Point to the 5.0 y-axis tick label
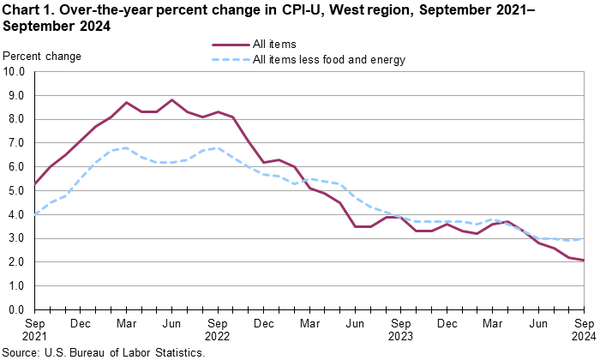(18, 190)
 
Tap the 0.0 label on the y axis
(18, 309)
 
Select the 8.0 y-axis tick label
(18, 119)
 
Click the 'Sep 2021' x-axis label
(34, 330)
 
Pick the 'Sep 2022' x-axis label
(218, 330)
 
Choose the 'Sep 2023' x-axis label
(401, 330)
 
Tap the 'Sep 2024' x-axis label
(585, 330)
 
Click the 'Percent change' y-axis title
(43, 57)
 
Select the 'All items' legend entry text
(276, 44)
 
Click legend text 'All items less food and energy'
(329, 60)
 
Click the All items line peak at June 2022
(172, 100)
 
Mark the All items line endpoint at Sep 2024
(585, 260)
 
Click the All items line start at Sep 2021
(34, 183)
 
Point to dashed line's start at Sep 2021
(34, 214)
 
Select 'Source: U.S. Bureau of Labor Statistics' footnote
(103, 352)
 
